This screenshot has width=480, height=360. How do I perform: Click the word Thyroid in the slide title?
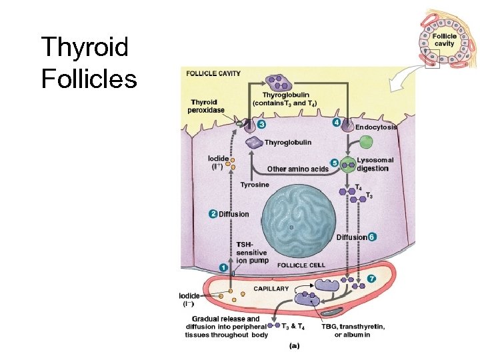[84, 49]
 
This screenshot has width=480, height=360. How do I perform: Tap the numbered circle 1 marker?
[224, 267]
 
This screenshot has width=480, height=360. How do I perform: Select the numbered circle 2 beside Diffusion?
[213, 214]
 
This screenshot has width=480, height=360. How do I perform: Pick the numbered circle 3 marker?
[261, 124]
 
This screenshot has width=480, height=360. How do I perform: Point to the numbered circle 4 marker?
[337, 123]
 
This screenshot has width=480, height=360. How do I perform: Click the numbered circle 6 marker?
[372, 237]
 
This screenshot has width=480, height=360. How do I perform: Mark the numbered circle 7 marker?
[371, 277]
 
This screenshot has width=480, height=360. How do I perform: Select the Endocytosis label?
[376, 127]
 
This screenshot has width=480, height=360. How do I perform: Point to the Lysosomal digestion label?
[375, 164]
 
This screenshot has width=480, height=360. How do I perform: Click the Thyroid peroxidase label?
[207, 106]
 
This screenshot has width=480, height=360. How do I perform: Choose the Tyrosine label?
[255, 185]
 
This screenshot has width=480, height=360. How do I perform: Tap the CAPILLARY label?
[270, 289]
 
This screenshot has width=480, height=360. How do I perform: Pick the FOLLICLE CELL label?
[301, 265]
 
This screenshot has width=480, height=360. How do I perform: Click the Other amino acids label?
[297, 169]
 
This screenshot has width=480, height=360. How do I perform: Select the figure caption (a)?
[294, 346]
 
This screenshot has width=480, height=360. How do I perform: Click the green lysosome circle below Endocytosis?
[366, 141]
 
